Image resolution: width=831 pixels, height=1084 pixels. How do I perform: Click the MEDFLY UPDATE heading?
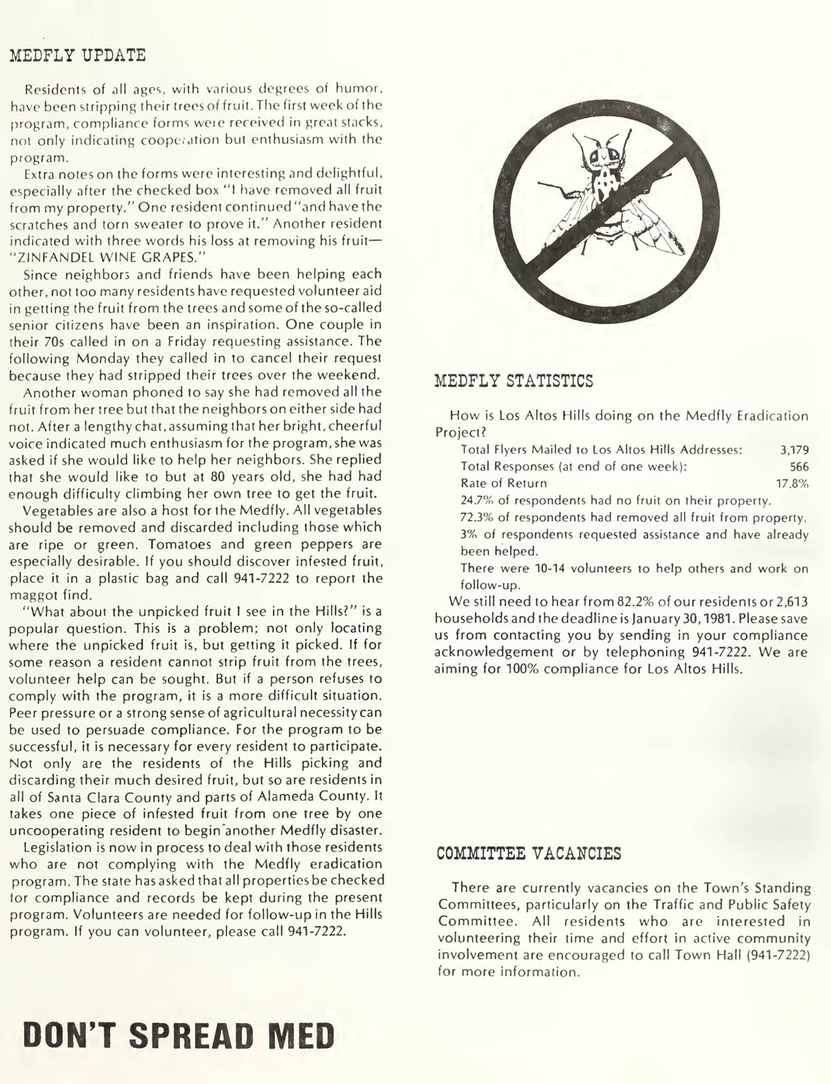pos(77,55)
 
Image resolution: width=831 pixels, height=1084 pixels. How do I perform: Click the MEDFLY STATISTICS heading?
pos(513,381)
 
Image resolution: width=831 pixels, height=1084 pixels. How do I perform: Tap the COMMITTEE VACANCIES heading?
pos(529,853)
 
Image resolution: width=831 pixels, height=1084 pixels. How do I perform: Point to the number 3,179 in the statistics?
pos(794,450)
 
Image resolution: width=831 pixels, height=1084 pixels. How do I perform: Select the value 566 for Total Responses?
pos(799,466)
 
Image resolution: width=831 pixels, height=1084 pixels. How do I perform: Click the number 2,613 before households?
pos(788,601)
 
